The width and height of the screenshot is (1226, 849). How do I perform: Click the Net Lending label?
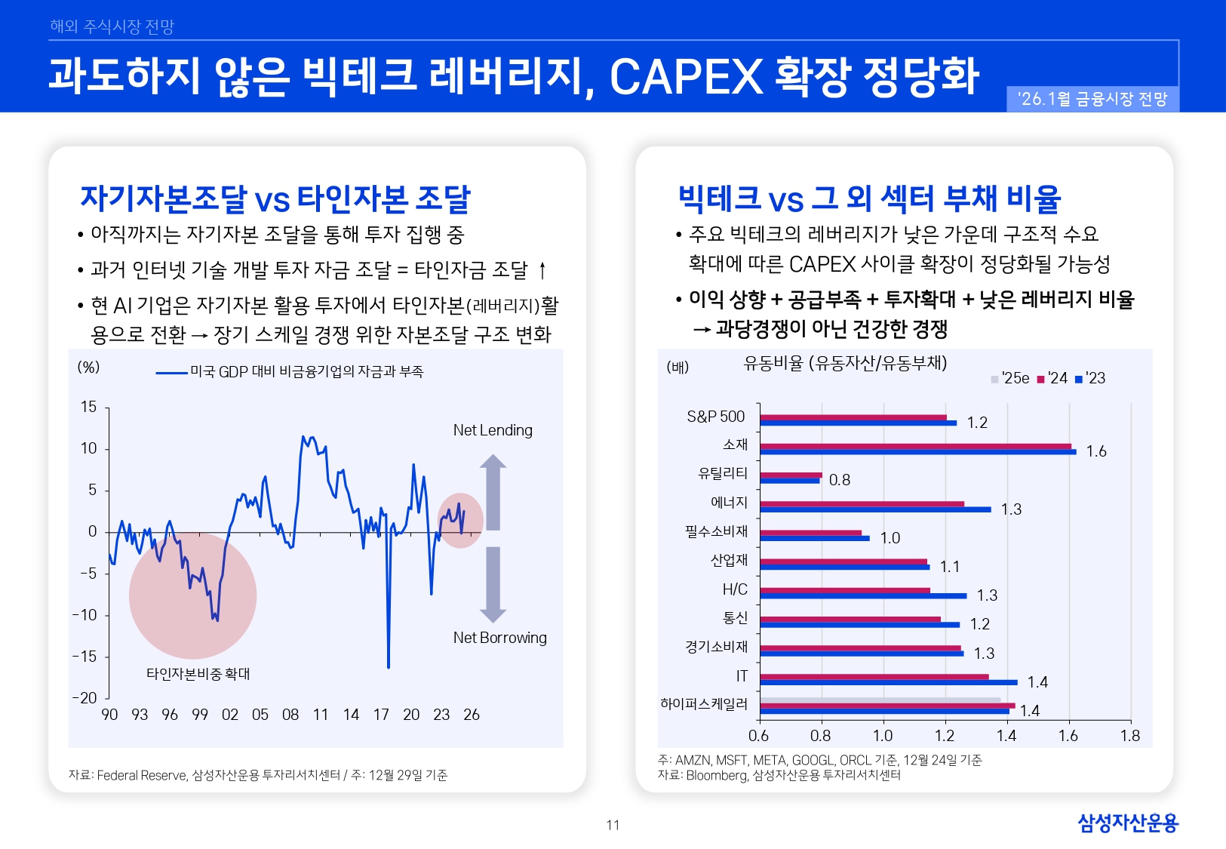point(493,430)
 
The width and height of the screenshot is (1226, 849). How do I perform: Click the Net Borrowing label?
point(499,638)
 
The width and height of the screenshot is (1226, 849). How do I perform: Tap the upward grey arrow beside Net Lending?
point(493,491)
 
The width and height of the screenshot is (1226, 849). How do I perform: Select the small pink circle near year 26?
point(460,520)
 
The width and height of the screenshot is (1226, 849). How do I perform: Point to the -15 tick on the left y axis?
point(85,657)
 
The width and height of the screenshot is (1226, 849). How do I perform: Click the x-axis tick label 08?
point(290,715)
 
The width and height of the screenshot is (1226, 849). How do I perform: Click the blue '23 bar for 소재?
point(917,452)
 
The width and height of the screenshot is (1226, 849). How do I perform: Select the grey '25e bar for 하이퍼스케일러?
point(880,700)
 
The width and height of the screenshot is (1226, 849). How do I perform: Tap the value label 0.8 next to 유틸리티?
point(839,480)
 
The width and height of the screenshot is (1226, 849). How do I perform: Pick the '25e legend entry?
point(1010,379)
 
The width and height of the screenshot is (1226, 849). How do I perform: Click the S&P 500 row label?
point(715,417)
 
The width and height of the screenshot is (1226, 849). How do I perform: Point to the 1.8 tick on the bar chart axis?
point(1129,736)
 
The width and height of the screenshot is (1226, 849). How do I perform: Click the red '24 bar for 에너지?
point(862,503)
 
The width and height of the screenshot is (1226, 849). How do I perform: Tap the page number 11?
point(613,825)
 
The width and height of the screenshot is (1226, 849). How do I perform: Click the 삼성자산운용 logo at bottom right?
point(1127,823)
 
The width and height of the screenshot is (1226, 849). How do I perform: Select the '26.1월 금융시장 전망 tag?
point(1092,100)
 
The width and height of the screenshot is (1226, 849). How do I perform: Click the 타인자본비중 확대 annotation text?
point(198,674)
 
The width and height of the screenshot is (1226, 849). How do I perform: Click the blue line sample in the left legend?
point(171,372)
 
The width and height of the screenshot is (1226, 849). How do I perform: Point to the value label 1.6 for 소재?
point(1095,451)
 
